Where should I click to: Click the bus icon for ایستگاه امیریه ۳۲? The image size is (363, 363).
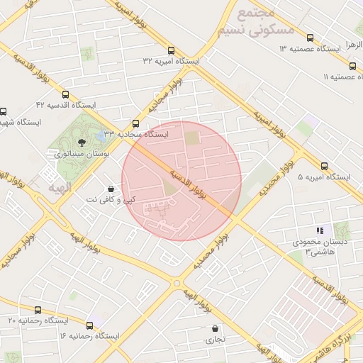pyautogui.click(x=171, y=50)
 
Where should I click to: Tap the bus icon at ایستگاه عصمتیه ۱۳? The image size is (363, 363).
pyautogui.click(x=309, y=38)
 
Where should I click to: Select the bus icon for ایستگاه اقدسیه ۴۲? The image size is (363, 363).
pyautogui.click(x=66, y=94)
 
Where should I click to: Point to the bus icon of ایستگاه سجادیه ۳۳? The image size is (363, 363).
pyautogui.click(x=136, y=123)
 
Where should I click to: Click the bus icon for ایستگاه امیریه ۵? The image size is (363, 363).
pyautogui.click(x=324, y=166)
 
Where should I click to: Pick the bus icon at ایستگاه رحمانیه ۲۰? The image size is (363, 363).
pyautogui.click(x=37, y=310)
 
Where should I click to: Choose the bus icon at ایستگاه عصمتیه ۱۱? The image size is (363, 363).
pyautogui.click(x=354, y=65)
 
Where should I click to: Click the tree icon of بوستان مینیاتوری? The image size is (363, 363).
pyautogui.click(x=79, y=143)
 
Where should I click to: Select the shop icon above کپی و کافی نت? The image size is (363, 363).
pyautogui.click(x=111, y=189)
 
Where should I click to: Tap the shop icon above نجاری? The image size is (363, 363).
pyautogui.click(x=215, y=328)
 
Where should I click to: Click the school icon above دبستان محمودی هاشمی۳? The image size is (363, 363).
pyautogui.click(x=320, y=230)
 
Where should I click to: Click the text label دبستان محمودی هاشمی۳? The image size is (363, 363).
pyautogui.click(x=311, y=247)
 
